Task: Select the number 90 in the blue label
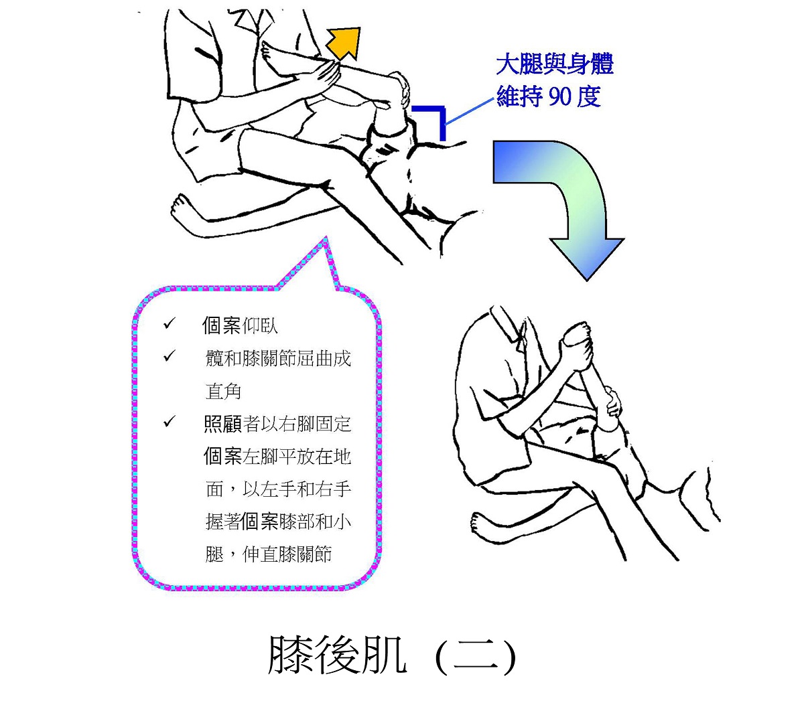click(x=559, y=96)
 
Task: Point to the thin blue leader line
click(x=470, y=111)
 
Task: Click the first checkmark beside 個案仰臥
click(x=170, y=323)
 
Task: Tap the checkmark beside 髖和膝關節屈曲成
click(x=170, y=356)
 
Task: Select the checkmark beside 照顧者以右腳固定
click(x=170, y=421)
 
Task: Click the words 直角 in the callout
click(x=223, y=391)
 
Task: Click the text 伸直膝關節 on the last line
click(x=287, y=554)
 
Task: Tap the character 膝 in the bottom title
click(x=290, y=655)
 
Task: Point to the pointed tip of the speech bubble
click(x=326, y=237)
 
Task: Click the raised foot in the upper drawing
click(x=272, y=58)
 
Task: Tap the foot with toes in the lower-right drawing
click(x=480, y=523)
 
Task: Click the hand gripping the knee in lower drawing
click(x=612, y=403)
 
